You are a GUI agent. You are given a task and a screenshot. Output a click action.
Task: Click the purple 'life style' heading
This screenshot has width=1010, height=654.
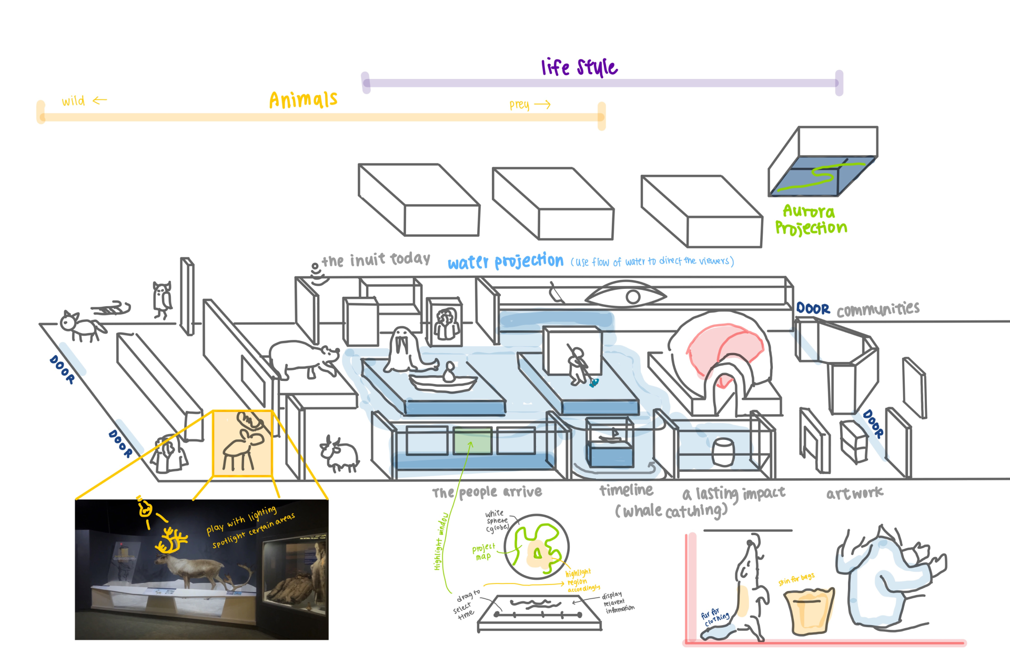579,67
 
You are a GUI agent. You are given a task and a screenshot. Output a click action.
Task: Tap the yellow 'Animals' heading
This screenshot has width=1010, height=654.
303,99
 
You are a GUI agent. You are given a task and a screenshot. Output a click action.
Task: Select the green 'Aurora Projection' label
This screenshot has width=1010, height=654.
811,219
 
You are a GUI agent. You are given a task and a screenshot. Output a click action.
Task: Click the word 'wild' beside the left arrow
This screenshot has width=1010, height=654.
73,101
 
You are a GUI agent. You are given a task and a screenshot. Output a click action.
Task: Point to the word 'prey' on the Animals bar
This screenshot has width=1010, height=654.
519,105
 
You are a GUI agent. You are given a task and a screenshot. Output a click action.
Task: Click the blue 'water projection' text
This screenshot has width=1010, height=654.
505,261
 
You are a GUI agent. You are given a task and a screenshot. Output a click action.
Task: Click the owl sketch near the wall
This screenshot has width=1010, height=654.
162,299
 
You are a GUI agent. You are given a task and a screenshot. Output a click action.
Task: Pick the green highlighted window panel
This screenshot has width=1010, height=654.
472,440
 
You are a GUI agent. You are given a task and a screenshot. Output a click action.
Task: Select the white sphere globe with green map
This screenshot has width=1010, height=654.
536,547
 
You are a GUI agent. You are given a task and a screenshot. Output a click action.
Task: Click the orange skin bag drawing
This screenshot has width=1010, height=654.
809,610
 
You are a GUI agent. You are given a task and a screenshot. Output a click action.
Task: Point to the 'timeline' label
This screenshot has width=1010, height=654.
626,490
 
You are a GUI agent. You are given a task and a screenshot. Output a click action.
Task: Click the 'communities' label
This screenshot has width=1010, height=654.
878,309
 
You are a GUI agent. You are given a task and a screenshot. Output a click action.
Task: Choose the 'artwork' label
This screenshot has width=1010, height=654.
854,493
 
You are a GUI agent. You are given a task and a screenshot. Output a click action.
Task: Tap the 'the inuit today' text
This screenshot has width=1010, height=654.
376,259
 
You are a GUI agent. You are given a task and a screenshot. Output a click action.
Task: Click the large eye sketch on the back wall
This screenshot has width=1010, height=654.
626,296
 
